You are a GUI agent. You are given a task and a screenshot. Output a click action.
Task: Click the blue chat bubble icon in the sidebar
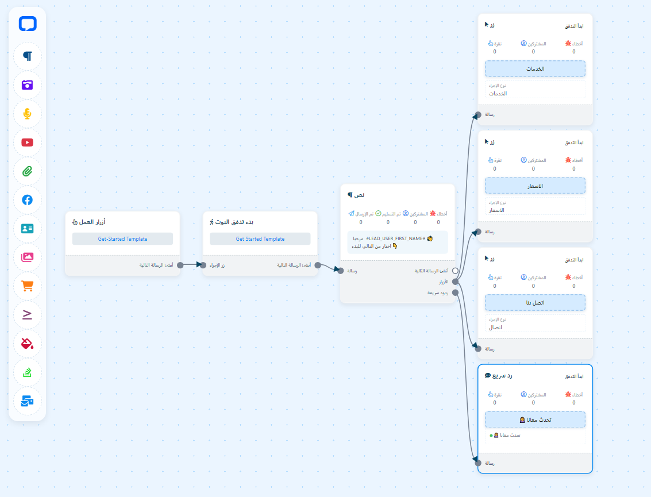click(28, 24)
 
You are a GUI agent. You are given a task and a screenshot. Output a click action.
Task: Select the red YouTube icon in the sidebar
click(28, 142)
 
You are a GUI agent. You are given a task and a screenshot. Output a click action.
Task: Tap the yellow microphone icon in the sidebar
click(28, 114)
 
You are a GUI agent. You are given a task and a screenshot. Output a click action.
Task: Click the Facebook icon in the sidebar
click(28, 200)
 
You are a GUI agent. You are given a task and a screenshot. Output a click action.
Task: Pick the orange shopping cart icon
click(28, 286)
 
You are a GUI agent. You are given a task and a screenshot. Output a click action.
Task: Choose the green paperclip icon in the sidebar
click(28, 171)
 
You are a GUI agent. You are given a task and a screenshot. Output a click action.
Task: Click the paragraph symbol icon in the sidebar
click(28, 56)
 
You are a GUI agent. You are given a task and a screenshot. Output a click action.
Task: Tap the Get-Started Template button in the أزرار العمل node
click(122, 239)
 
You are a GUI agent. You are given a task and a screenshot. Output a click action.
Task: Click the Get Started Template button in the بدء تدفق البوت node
click(260, 239)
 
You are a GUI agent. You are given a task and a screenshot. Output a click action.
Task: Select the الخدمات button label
click(535, 69)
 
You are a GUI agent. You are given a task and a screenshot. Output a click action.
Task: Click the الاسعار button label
click(535, 186)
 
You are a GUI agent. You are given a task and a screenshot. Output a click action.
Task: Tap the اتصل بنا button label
click(535, 303)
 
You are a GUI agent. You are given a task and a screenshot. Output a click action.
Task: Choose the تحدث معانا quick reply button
click(535, 419)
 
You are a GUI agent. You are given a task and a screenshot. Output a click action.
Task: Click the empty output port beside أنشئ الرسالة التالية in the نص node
click(455, 271)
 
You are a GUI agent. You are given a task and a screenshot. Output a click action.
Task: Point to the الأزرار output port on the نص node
click(455, 282)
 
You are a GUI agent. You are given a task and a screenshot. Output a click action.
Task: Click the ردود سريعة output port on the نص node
click(455, 292)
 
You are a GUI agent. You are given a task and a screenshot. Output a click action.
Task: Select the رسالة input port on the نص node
click(341, 271)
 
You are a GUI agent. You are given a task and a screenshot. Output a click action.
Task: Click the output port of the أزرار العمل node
click(180, 265)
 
